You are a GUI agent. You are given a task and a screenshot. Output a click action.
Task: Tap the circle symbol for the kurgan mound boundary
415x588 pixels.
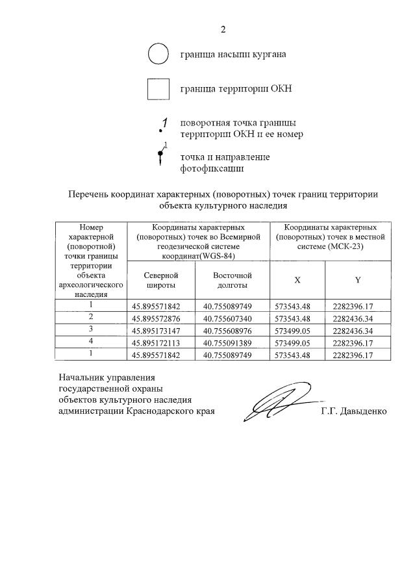pyautogui.click(x=158, y=55)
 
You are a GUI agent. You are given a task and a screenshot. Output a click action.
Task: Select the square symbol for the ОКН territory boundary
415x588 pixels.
pyautogui.click(x=158, y=89)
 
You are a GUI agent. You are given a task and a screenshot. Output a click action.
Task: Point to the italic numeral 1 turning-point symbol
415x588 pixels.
pyautogui.click(x=164, y=123)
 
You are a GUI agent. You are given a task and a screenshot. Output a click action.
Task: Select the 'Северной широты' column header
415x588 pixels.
pyautogui.click(x=162, y=280)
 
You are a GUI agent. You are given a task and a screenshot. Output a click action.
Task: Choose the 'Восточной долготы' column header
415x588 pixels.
pyautogui.click(x=233, y=280)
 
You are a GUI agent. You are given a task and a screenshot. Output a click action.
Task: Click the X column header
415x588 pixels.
pyautogui.click(x=297, y=280)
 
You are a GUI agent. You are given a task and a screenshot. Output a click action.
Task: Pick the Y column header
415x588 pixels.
pyautogui.click(x=357, y=280)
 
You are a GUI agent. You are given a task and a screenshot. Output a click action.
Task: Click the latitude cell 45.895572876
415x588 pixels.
pyautogui.click(x=162, y=318)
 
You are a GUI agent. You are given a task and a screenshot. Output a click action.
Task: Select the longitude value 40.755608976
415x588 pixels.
pyautogui.click(x=233, y=330)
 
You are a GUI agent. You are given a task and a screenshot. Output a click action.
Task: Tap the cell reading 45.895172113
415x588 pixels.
pyautogui.click(x=162, y=342)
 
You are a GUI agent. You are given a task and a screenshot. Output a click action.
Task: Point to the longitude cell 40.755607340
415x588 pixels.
pyautogui.click(x=233, y=318)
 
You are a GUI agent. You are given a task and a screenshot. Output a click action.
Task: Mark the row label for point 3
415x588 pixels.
pyautogui.click(x=92, y=329)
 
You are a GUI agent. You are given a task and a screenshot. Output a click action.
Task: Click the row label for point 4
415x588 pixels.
pyautogui.click(x=92, y=342)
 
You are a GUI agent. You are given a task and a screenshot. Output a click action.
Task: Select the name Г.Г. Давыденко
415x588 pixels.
pyautogui.click(x=353, y=411)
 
